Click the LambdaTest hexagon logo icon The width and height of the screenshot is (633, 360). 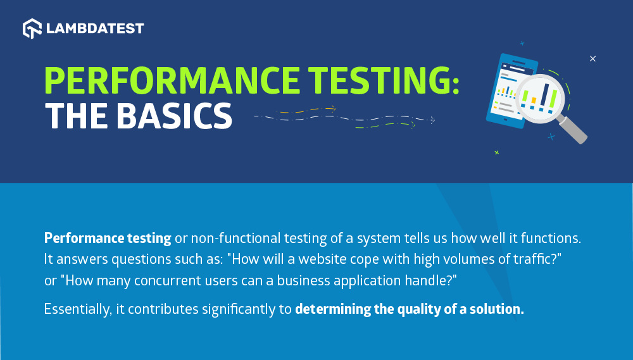point(32,28)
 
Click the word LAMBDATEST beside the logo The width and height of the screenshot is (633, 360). point(95,28)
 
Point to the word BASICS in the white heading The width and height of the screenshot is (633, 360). point(175,116)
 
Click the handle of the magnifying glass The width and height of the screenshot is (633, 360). point(572,130)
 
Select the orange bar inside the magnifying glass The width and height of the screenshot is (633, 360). point(533,101)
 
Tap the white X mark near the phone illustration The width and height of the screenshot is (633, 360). point(592,59)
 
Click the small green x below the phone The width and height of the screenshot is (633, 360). point(496,152)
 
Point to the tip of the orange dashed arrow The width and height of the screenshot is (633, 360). point(335,108)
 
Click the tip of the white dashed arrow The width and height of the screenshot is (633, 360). point(434,120)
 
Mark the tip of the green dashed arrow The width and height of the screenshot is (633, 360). point(415,125)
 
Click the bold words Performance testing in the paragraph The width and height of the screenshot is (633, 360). point(108,238)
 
